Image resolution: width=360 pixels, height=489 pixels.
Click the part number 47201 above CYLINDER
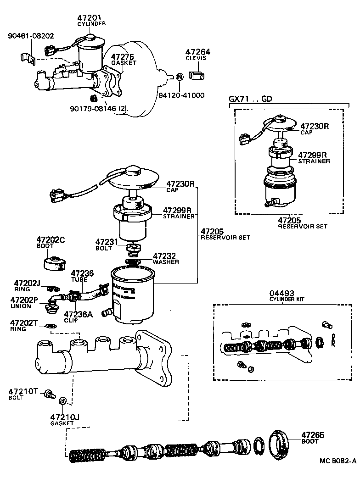tap(91, 17)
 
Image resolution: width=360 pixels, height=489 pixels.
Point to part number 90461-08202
tap(31, 35)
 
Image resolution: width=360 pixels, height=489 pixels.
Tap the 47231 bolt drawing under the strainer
tap(133, 250)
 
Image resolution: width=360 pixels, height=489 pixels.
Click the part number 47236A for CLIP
tap(78, 314)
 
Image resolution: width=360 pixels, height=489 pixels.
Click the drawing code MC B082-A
tap(338, 462)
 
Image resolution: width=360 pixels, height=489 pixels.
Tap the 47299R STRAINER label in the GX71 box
tap(314, 157)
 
